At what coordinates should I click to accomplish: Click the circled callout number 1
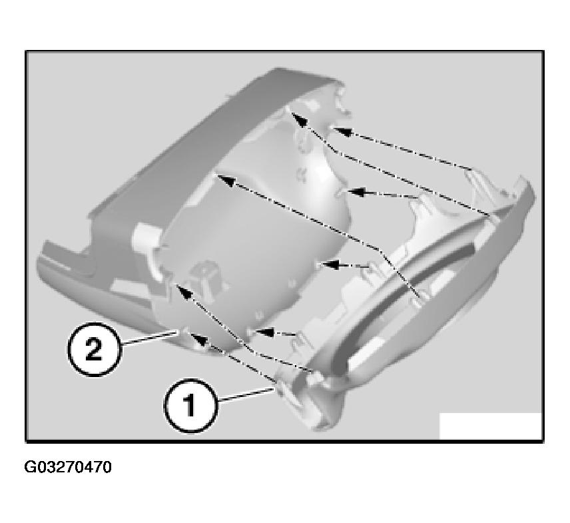point(189,405)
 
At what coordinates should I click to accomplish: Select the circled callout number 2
point(94,349)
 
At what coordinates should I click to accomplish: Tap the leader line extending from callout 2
point(146,340)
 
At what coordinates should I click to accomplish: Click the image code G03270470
point(68,467)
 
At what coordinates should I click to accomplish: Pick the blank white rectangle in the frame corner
point(490,426)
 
